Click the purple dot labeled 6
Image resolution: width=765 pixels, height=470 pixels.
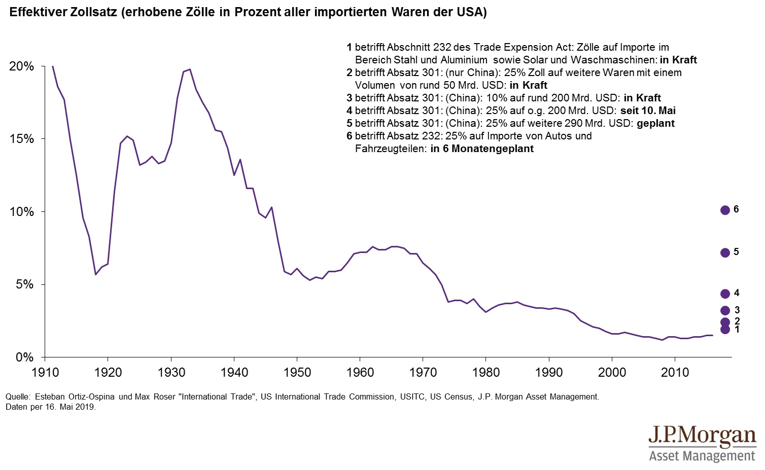click(x=725, y=210)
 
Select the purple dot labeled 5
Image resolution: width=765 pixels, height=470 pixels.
click(x=725, y=252)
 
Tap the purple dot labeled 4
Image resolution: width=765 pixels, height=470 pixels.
click(x=725, y=294)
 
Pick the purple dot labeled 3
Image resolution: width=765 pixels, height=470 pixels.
click(x=725, y=311)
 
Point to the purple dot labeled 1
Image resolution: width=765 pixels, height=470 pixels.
click(x=725, y=330)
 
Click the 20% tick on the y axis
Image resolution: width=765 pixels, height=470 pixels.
click(x=22, y=66)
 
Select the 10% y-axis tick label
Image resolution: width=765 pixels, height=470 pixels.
click(x=22, y=212)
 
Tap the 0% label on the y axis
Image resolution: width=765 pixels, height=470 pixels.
click(x=24, y=357)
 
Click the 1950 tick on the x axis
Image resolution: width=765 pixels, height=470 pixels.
click(x=297, y=373)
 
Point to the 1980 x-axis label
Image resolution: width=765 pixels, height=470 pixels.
click(x=486, y=373)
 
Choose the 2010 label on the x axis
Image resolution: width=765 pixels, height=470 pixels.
click(x=675, y=373)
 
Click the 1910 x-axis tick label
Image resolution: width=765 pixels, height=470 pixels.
click(x=45, y=373)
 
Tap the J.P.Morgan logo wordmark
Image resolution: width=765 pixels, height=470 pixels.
click(x=702, y=436)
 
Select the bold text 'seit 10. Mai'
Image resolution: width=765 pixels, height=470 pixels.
click(x=648, y=111)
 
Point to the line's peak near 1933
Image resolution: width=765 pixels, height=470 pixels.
click(x=189, y=69)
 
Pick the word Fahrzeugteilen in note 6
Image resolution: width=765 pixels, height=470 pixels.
click(x=389, y=149)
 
